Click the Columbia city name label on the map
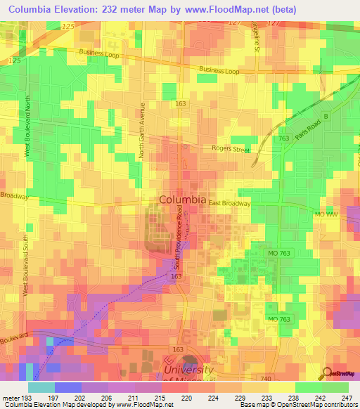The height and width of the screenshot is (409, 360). click(x=183, y=200)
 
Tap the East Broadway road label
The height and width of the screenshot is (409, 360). click(x=230, y=202)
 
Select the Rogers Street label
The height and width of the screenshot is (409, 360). click(x=231, y=148)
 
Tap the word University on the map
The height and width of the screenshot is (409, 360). click(x=188, y=370)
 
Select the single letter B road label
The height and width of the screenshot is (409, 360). click(x=325, y=117)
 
